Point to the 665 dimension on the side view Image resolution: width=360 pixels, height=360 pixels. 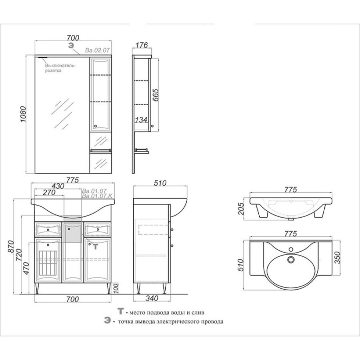point(156,95)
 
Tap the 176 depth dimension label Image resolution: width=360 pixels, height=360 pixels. point(142,45)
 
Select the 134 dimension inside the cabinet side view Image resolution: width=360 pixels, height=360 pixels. point(141,120)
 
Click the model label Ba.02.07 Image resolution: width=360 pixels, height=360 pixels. point(97,50)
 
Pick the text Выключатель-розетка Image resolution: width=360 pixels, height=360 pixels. point(60,68)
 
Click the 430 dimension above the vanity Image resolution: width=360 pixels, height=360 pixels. point(58,186)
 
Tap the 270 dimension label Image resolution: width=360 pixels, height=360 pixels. point(49,192)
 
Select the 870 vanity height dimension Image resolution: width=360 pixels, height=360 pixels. point(11,246)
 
